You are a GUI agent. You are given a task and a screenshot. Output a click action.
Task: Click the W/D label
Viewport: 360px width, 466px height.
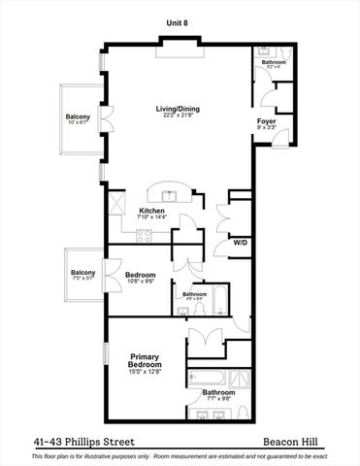[239, 243]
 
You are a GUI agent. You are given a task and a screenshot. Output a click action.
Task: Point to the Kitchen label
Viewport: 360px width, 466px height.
[152, 211]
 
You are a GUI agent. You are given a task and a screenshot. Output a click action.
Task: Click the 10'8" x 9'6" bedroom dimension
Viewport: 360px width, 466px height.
[142, 283]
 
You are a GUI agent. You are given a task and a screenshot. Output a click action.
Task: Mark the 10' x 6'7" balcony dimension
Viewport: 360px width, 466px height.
[79, 123]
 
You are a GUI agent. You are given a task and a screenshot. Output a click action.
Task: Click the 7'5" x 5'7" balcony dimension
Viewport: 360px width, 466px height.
[82, 279]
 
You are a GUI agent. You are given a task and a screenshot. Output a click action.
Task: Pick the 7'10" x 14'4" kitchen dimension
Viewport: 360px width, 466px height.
[152, 218]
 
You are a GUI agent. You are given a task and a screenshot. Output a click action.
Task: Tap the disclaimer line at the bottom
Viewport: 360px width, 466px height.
[180, 455]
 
